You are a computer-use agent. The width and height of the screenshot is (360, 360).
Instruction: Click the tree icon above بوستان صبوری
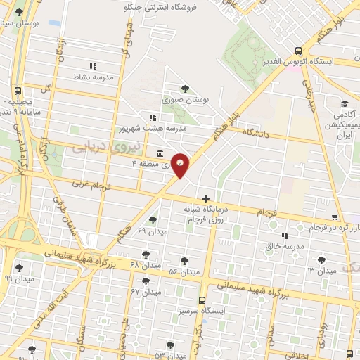point(184,88)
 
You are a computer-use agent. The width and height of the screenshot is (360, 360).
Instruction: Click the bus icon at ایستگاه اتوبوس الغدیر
point(299,51)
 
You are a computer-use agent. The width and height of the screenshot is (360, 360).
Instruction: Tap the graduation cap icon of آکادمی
point(343,103)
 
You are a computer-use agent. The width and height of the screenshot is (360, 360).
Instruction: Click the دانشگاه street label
point(257,131)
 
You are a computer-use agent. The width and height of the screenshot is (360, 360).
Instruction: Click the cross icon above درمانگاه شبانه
point(205,198)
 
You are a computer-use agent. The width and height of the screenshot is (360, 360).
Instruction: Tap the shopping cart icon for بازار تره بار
point(334,217)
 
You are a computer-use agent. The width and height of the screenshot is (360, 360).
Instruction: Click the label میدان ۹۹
point(18,278)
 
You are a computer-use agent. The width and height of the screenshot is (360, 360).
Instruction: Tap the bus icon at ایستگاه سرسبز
point(202,300)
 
